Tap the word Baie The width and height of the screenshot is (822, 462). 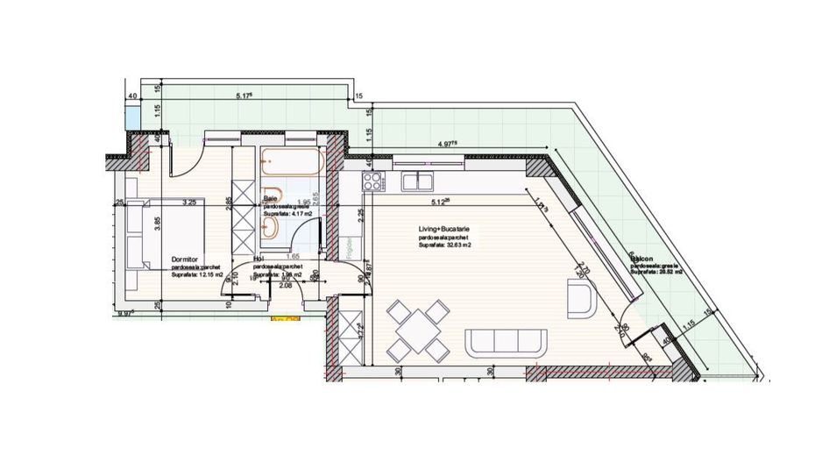point(270,199)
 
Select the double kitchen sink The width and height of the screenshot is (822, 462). point(418,181)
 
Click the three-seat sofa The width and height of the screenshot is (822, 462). point(507,341)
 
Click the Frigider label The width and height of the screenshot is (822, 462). point(350,240)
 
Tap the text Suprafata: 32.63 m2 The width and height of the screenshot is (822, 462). point(446,245)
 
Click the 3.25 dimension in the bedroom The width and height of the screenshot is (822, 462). point(188,203)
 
